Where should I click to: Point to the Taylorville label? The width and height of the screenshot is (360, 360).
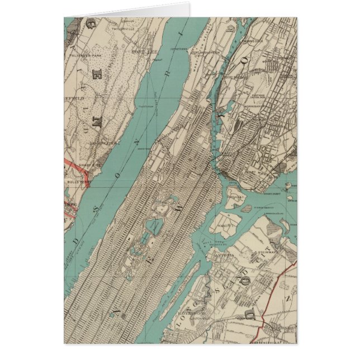click(124, 29)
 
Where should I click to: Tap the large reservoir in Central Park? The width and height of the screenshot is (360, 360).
click(154, 227)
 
